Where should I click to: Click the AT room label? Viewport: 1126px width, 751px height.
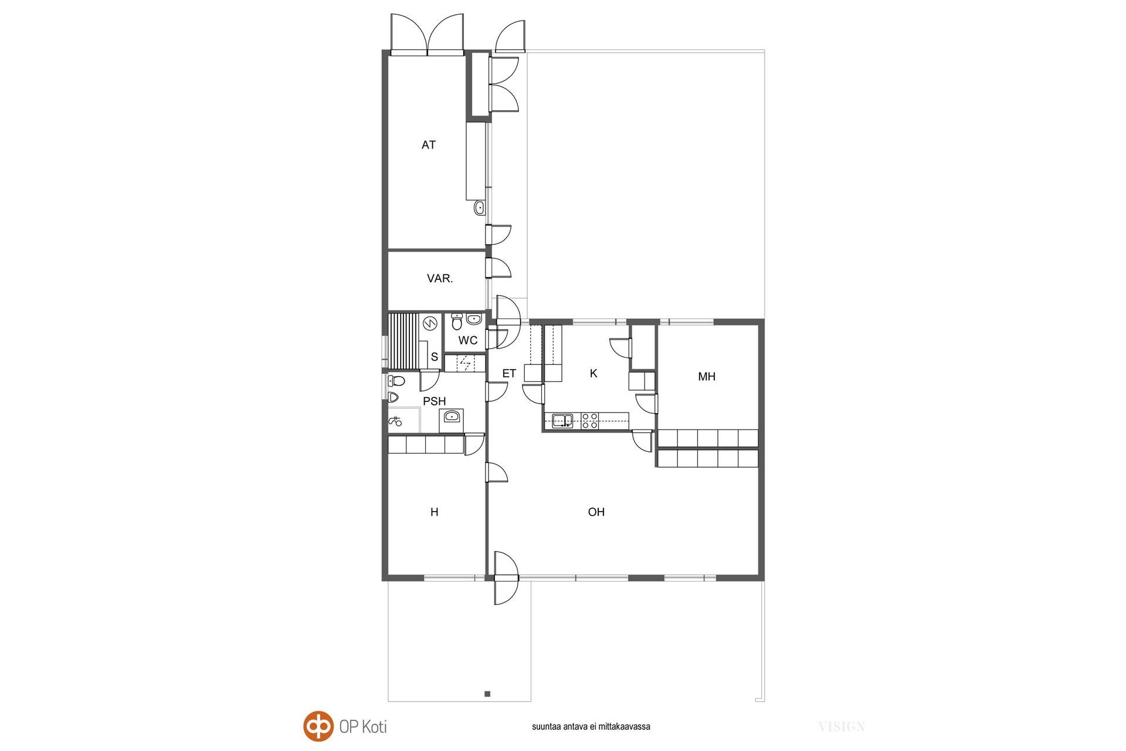point(428,145)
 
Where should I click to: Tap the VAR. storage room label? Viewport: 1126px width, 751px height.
point(440,279)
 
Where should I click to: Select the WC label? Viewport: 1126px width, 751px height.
point(468,340)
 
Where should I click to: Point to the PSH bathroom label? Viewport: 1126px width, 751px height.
point(435,401)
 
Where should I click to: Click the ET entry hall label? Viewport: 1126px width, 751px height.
point(509,373)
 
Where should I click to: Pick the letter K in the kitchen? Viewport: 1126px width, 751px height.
point(593,373)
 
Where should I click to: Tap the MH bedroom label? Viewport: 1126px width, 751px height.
point(707,377)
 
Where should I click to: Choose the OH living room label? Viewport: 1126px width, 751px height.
point(596,512)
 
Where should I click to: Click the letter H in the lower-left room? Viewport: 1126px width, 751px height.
point(435,512)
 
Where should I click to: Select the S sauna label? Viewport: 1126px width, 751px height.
point(435,357)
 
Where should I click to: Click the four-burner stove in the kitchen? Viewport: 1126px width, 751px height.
point(590,421)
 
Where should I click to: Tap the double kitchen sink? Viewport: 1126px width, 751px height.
point(562,421)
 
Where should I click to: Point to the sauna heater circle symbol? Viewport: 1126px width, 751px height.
point(430,323)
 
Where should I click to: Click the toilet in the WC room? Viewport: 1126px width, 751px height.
point(457,322)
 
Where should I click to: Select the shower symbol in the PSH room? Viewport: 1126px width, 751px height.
point(395,420)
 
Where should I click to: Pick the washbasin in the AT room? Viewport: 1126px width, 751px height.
point(479,207)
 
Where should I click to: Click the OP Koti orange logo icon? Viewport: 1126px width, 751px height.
point(318,726)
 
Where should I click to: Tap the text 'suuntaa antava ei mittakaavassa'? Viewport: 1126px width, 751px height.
point(591,726)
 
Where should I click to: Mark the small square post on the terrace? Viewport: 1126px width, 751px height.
point(487,694)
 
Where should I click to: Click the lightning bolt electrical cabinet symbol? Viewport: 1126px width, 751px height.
point(466,364)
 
